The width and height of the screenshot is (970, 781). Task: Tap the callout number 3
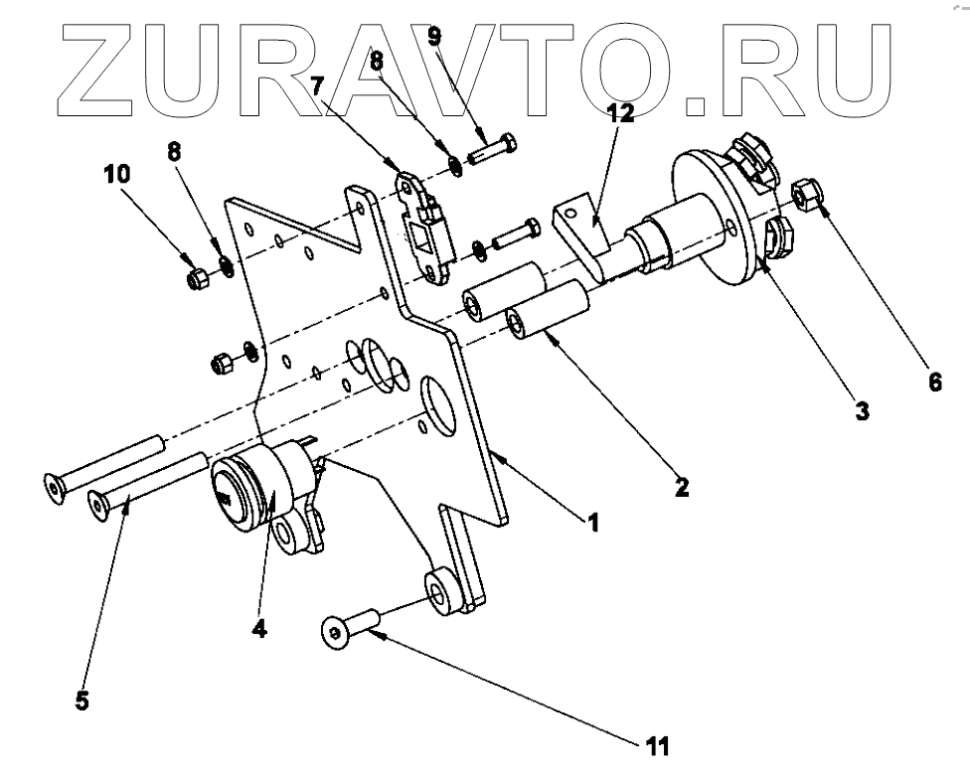pos(862,408)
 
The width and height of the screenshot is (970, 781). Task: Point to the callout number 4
pos(259,628)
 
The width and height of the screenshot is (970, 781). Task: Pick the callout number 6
pos(935,381)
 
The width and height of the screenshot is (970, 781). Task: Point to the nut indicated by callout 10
pos(197,279)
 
